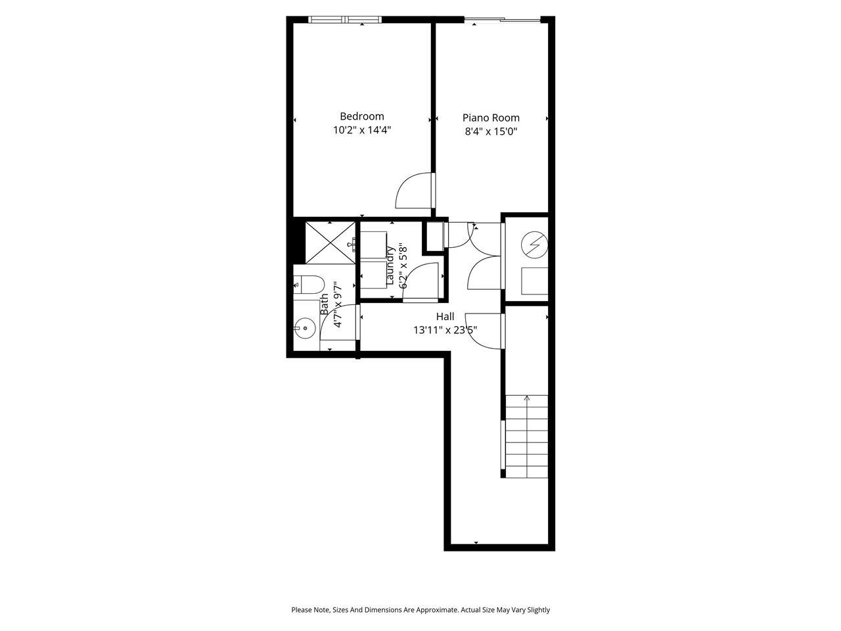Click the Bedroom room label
click(361, 116)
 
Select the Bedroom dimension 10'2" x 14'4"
click(362, 130)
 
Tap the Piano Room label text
click(491, 118)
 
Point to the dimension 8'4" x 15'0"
click(491, 131)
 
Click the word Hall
click(445, 316)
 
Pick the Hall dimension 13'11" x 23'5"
click(445, 330)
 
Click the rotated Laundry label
click(390, 266)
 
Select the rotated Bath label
click(325, 304)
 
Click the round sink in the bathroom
click(305, 327)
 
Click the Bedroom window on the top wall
click(345, 20)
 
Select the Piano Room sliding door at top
click(503, 20)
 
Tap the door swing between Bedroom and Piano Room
click(414, 191)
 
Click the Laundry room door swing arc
click(420, 279)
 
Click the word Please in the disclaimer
click(302, 610)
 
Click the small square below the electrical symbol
click(534, 281)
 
